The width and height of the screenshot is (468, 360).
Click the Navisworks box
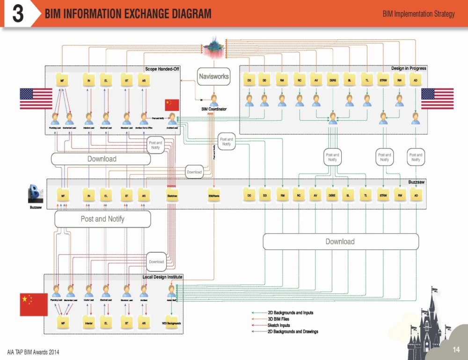(x=214, y=76)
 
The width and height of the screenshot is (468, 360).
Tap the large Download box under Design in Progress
(x=340, y=242)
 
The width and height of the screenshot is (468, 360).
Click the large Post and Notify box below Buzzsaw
(x=103, y=219)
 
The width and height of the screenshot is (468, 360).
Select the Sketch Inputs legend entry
(x=278, y=325)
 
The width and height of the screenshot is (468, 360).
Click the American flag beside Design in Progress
(x=437, y=99)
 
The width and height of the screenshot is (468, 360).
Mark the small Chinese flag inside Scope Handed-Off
(x=172, y=105)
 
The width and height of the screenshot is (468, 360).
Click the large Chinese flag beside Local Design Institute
(x=34, y=305)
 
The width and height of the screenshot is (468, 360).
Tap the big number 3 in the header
(x=18, y=14)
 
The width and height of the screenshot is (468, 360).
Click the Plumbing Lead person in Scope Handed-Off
(x=55, y=118)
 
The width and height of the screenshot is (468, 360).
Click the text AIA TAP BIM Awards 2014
(x=33, y=352)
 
